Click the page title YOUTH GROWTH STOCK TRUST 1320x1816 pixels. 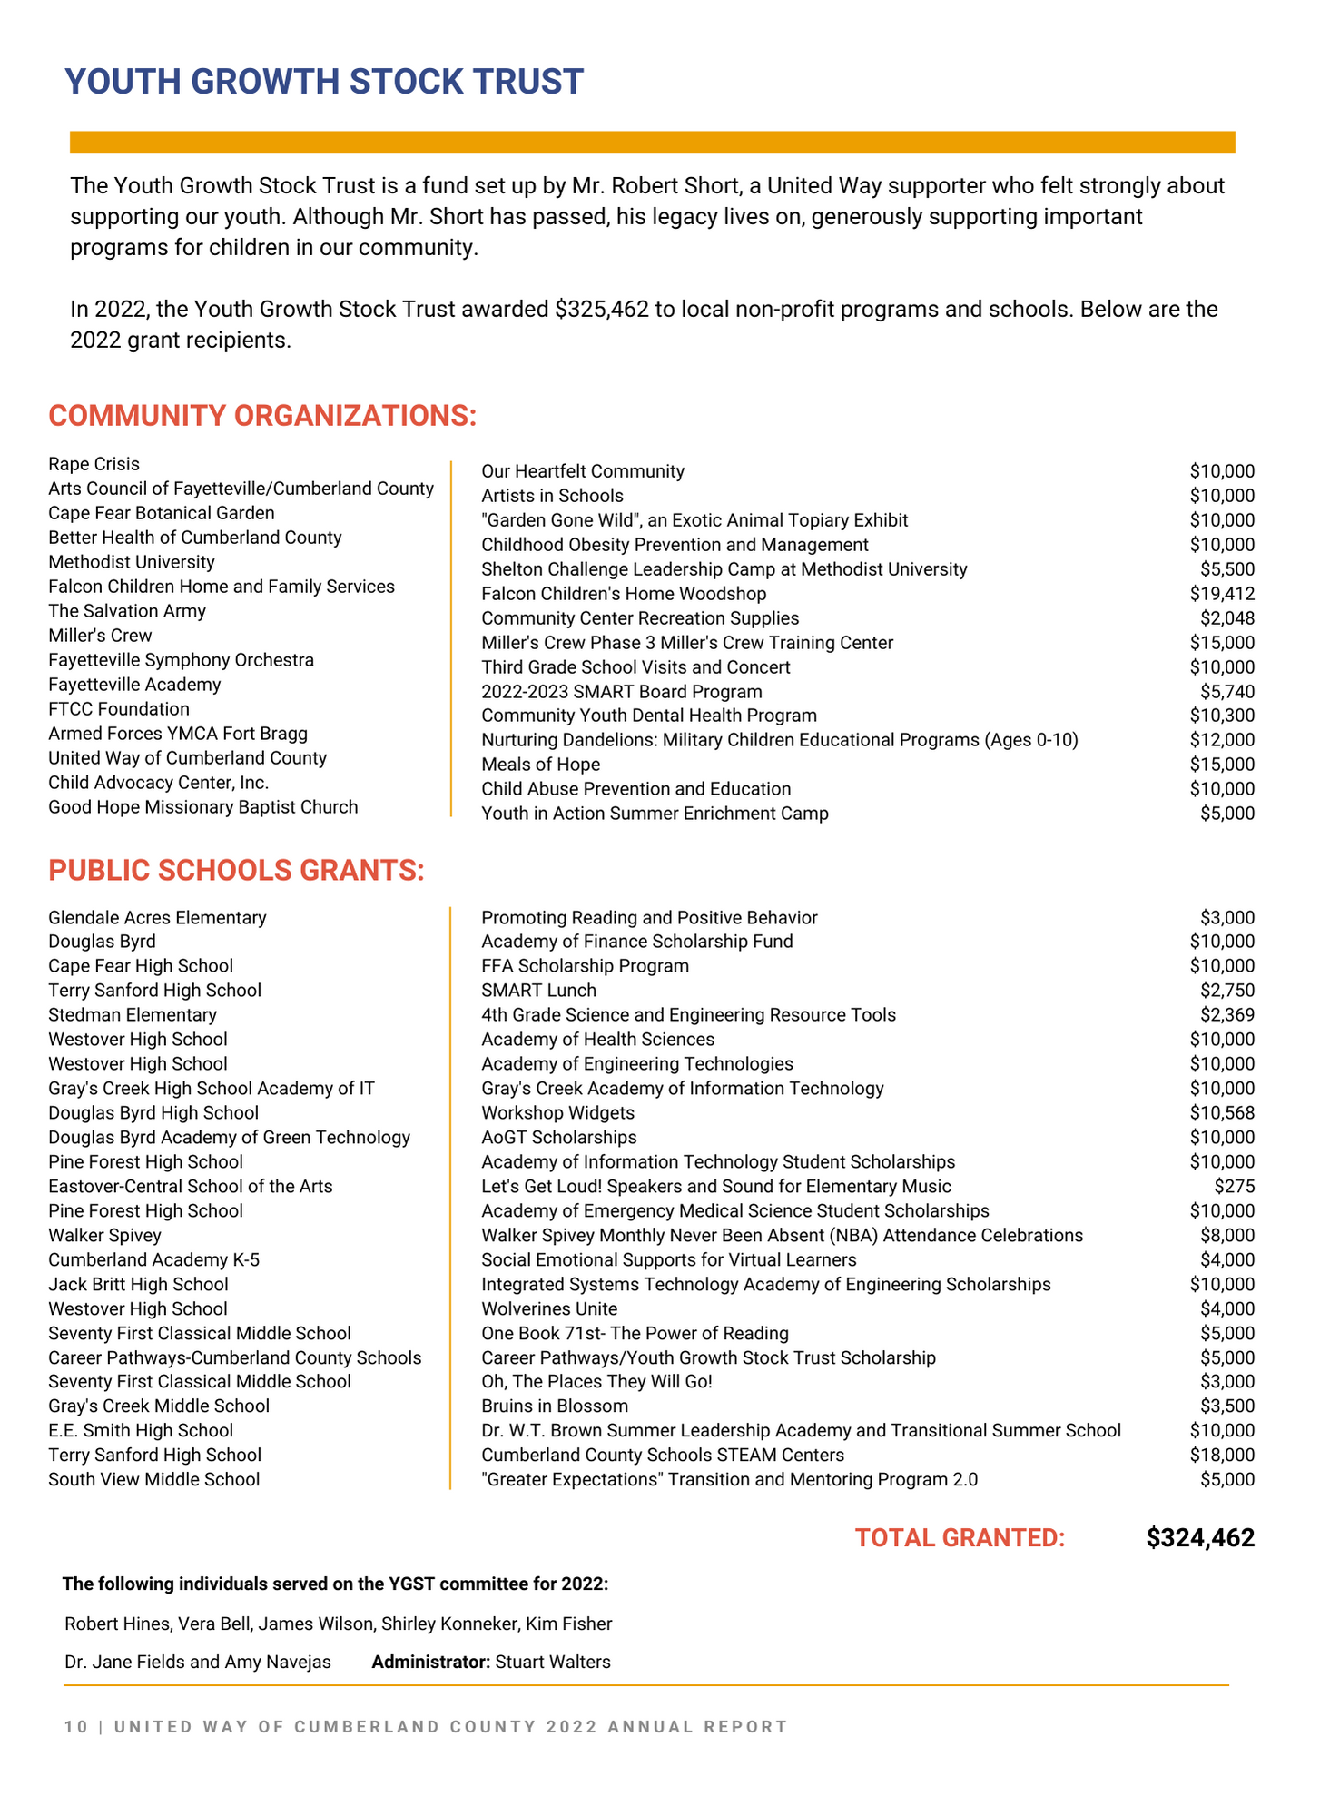(x=324, y=82)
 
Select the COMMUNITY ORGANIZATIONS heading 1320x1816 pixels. (x=262, y=416)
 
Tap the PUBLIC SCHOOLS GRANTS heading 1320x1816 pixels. (x=236, y=870)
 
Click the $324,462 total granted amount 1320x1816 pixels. (x=1200, y=1538)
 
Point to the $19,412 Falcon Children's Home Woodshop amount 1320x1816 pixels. (x=1222, y=594)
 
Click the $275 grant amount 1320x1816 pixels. (x=1235, y=1186)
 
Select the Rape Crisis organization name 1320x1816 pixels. (x=94, y=464)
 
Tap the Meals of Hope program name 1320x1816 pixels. (x=540, y=765)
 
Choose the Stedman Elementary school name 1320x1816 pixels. (x=133, y=1014)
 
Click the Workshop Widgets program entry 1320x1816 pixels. (x=557, y=1112)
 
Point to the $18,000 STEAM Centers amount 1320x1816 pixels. (x=1222, y=1455)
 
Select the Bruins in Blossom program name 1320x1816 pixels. (x=554, y=1406)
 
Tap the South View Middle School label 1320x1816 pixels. (x=154, y=1479)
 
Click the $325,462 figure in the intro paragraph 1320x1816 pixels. (x=602, y=310)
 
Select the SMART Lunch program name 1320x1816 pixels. (x=538, y=990)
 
